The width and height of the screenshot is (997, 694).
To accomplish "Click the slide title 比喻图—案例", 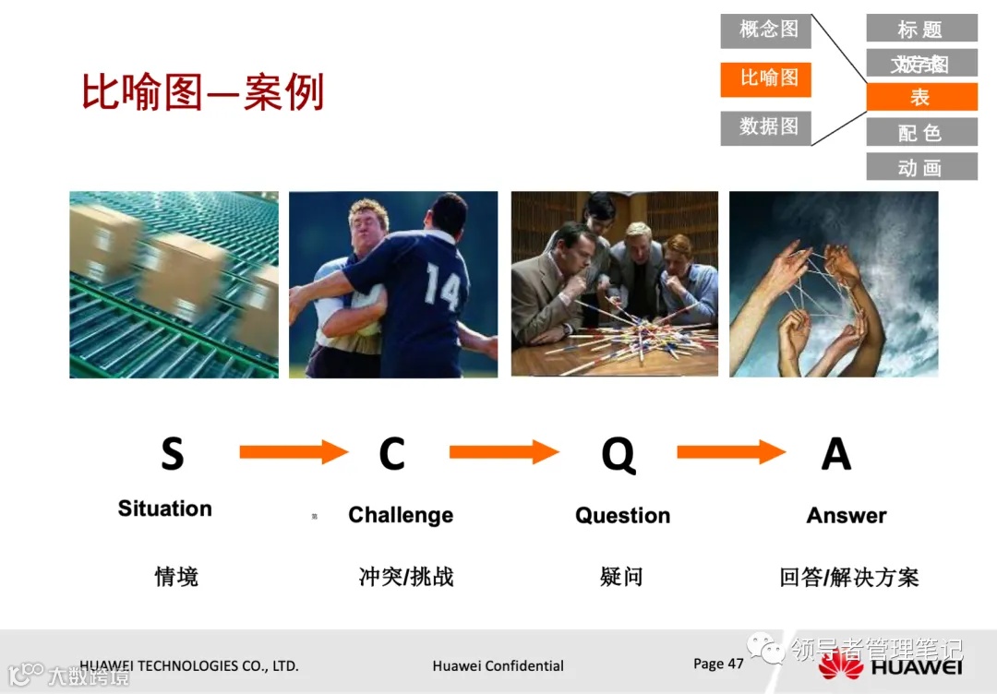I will [203, 93].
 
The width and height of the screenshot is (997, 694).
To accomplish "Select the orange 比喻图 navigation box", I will [765, 78].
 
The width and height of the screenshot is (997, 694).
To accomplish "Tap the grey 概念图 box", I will [765, 30].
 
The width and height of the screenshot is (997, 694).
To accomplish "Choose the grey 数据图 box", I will [765, 126].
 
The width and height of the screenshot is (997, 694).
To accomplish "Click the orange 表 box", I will [920, 97].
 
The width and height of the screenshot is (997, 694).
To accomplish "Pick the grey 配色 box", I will [920, 132].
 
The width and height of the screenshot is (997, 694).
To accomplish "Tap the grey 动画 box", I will [920, 167].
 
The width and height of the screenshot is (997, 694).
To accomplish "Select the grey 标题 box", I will [920, 29].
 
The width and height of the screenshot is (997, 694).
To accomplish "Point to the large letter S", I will [172, 454].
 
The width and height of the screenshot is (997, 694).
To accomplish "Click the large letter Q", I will [618, 454].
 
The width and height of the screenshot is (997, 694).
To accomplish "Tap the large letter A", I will [835, 454].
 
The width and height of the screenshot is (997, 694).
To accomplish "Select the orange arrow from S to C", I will [294, 452].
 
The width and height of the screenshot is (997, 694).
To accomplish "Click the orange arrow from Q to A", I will [730, 452].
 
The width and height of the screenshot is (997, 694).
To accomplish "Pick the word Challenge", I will [401, 515].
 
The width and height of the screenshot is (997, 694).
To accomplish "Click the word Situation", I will [165, 509].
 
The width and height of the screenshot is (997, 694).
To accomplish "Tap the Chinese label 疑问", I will [621, 578].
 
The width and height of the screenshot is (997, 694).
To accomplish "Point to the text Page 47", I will [718, 664].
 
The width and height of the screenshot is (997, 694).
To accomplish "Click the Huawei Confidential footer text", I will [498, 665].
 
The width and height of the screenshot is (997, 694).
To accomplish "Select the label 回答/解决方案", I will [849, 578].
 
